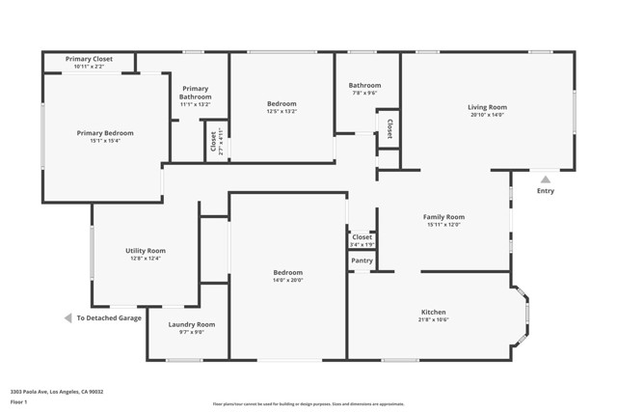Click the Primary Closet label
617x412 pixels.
[89, 59]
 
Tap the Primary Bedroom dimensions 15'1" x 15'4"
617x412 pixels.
[105, 141]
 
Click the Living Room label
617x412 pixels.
[487, 107]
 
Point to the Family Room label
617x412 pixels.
[443, 217]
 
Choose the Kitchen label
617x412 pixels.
[433, 312]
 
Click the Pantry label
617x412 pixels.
[362, 261]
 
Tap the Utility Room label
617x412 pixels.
[145, 250]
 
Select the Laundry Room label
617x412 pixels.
[191, 324]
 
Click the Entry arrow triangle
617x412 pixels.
[545, 179]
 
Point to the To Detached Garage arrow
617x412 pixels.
[68, 317]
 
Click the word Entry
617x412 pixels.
[545, 191]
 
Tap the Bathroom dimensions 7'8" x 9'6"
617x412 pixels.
[364, 94]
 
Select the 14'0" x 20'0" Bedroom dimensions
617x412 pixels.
[287, 281]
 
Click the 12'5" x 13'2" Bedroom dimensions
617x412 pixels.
[282, 112]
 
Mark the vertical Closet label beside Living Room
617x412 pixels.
[389, 128]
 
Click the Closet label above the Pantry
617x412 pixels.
[362, 236]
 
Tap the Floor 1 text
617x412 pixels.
[19, 401]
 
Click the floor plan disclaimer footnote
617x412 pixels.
[308, 404]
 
